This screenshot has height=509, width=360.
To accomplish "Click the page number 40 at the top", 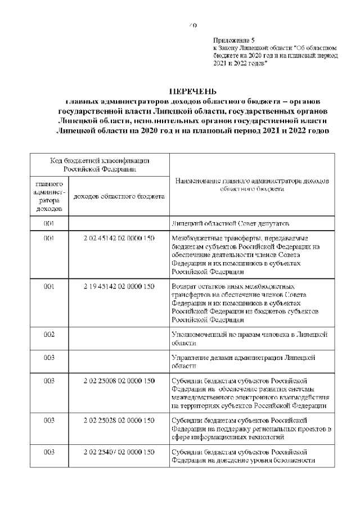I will [x=192, y=25].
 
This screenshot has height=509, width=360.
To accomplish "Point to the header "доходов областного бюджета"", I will [x=119, y=196].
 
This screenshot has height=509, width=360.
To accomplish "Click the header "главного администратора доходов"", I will [x=49, y=196].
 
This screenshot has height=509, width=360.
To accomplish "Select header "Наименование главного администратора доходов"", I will [x=252, y=185].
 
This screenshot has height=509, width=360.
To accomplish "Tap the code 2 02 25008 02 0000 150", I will [x=119, y=381].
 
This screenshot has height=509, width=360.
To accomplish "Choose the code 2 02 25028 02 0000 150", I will [x=119, y=420].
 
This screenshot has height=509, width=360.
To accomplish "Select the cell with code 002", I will [x=49, y=334].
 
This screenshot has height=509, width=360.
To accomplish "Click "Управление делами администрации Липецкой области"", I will [x=243, y=361].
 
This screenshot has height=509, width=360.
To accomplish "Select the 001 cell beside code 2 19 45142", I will [x=49, y=286].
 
